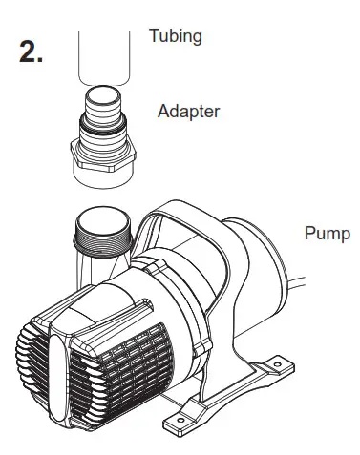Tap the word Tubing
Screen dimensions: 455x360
(176, 36)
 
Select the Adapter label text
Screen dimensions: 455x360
(188, 112)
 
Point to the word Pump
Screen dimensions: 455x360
(327, 234)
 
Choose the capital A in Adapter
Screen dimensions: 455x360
(162, 112)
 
